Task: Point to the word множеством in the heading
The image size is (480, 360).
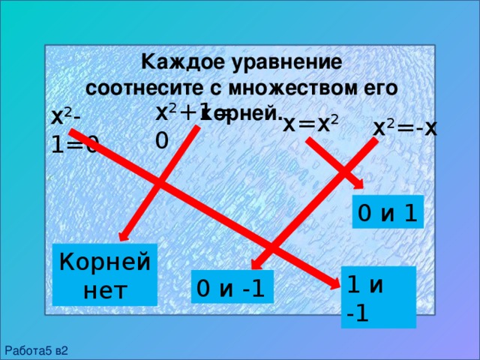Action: [x=291, y=86]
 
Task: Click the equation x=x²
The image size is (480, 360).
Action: [x=311, y=124]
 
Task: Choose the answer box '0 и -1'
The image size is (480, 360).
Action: [x=231, y=287]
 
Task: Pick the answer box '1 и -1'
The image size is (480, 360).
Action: [x=377, y=297]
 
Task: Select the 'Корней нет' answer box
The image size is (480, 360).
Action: [x=105, y=274]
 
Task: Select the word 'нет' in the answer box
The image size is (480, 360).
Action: [x=105, y=289]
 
